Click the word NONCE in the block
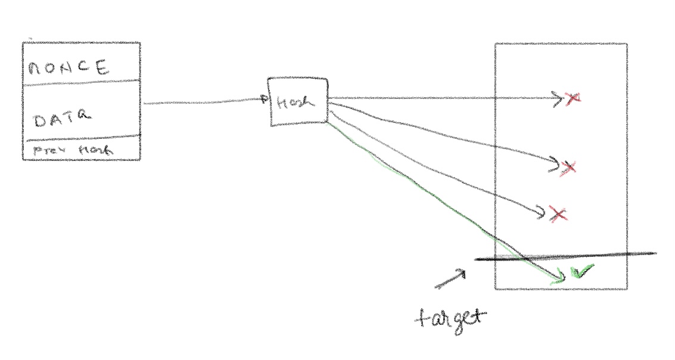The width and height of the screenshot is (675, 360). (x=68, y=67)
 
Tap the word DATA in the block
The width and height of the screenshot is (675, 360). (x=63, y=120)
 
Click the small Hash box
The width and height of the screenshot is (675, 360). (x=297, y=102)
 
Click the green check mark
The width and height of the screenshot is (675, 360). (x=583, y=272)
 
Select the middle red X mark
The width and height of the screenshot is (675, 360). (x=568, y=167)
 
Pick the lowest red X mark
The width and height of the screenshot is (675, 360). (x=557, y=213)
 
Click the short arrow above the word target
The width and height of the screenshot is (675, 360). (x=450, y=279)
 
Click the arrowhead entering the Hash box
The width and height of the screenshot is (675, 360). (x=266, y=100)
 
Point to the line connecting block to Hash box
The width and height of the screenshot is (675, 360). (x=203, y=103)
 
